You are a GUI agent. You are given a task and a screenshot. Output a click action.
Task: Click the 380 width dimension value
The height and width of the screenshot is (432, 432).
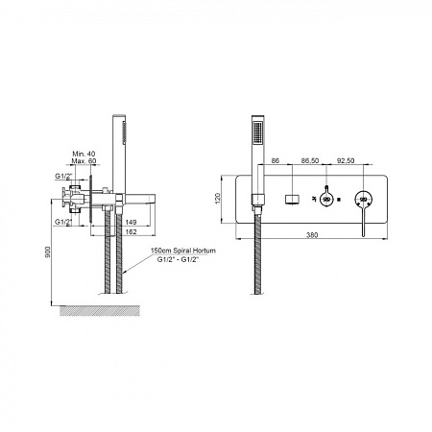pos(312,235)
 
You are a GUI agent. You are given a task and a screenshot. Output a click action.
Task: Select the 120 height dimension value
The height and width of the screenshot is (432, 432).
pos(218,199)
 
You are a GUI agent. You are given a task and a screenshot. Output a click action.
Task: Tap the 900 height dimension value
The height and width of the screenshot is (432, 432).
pos(48,252)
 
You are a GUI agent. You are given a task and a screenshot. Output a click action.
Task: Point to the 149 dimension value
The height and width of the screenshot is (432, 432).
pos(131,222)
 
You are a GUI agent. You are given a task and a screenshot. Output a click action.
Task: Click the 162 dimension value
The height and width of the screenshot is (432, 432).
pos(131,231)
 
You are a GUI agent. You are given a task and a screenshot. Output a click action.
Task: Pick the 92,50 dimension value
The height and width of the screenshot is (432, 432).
pos(346,160)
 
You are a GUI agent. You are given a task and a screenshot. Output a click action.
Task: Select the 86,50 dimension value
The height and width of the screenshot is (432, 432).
pos(310,160)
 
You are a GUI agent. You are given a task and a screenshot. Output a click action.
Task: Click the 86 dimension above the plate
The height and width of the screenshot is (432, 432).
pos(276,160)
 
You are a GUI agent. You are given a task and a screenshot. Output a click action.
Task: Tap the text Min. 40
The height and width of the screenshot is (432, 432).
pos(84,154)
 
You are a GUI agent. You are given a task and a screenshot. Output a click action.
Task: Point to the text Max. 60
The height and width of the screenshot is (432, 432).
pos(84,161)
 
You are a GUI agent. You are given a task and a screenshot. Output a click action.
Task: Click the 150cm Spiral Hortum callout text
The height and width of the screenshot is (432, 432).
pos(183,251)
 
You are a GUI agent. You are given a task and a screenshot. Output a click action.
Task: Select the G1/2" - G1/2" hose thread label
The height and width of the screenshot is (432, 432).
pos(179,259)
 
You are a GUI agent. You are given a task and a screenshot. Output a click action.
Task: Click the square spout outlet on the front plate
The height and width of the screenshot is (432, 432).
pos(292,199)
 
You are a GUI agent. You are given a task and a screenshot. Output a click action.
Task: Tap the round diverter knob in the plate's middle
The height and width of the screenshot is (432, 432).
pos(326,199)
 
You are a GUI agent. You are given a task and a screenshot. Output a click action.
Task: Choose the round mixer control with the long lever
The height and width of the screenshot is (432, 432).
pos(364,200)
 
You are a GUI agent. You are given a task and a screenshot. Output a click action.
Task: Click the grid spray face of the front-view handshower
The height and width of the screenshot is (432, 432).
pos(258,133)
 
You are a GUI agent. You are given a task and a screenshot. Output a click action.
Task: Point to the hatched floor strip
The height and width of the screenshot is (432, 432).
pos(100,311)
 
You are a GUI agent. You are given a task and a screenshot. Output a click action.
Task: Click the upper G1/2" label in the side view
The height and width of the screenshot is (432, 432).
pos(64,176)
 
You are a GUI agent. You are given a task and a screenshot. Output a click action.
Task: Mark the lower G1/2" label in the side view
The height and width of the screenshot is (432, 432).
pos(63,222)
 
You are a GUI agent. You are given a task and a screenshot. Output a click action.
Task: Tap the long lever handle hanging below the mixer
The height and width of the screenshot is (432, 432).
pos(364,222)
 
